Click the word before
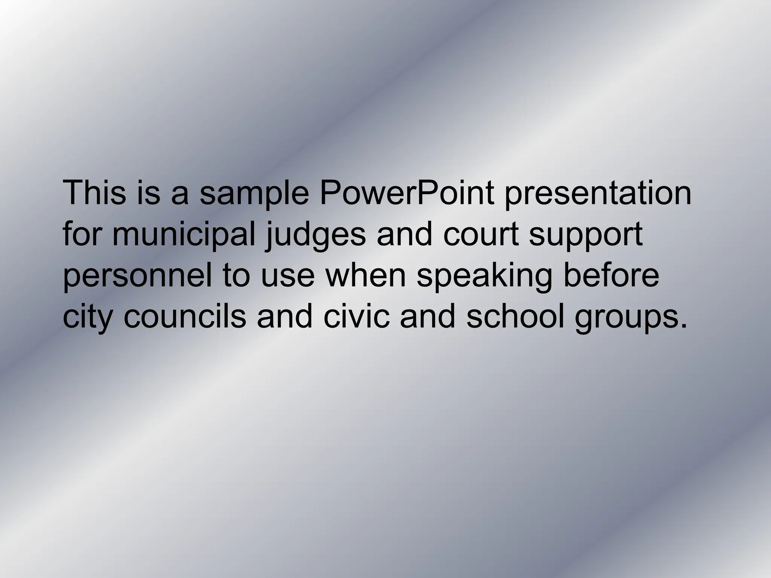point(611,275)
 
